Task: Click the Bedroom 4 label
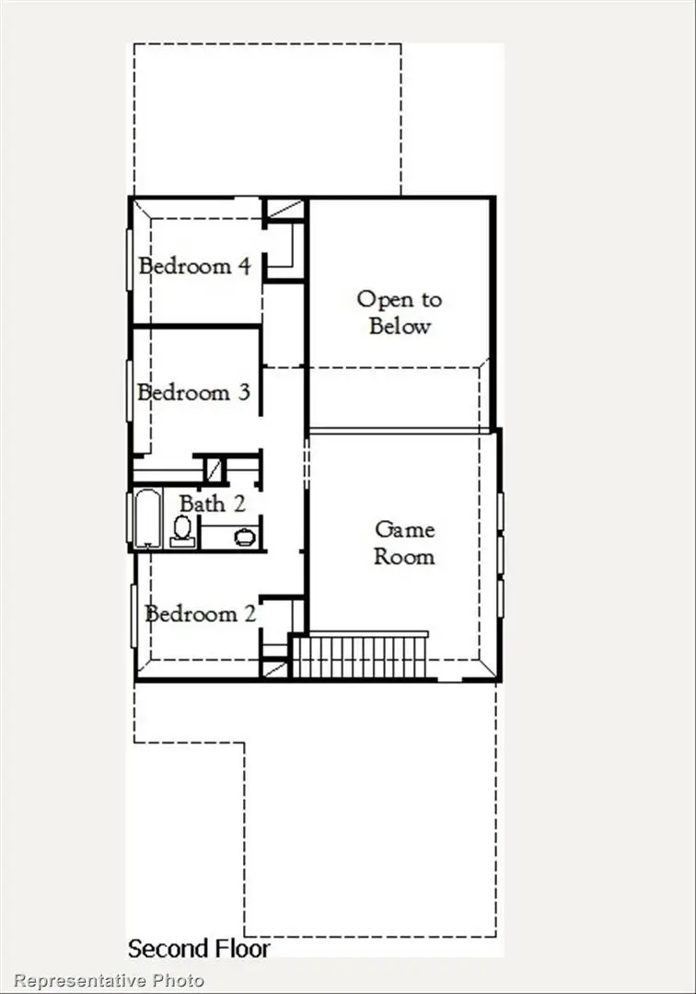pyautogui.click(x=194, y=267)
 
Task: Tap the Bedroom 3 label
pyautogui.click(x=194, y=393)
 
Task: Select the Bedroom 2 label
pyautogui.click(x=201, y=614)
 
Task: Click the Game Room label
pyautogui.click(x=404, y=543)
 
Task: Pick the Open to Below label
pyautogui.click(x=400, y=312)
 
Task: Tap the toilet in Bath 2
pyautogui.click(x=182, y=530)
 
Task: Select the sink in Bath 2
pyautogui.click(x=244, y=537)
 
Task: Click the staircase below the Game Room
pyautogui.click(x=361, y=655)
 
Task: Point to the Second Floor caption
pyautogui.click(x=199, y=948)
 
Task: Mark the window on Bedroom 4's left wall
pyautogui.click(x=129, y=260)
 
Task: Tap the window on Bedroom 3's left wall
pyautogui.click(x=129, y=391)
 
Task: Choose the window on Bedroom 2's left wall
pyautogui.click(x=134, y=615)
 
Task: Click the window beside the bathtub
pyautogui.click(x=129, y=518)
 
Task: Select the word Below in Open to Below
pyautogui.click(x=400, y=326)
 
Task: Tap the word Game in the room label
pyautogui.click(x=404, y=529)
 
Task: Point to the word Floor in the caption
pyautogui.click(x=241, y=948)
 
